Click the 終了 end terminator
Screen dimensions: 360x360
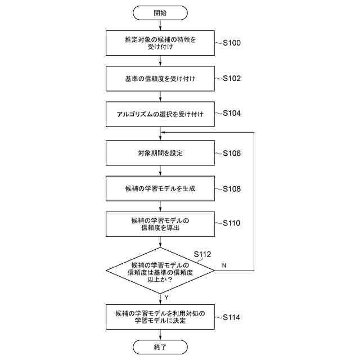pos(160,347)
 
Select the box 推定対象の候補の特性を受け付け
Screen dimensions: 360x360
pos(160,43)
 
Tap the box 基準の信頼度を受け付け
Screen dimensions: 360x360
pos(160,78)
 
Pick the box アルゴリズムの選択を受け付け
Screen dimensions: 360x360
pos(160,114)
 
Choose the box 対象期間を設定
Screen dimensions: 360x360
pos(160,153)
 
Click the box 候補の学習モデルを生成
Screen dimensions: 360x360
pos(160,188)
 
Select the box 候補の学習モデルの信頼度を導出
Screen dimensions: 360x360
pos(160,223)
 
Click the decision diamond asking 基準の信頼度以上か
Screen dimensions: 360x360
pos(160,271)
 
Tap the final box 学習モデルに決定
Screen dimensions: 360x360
pos(160,317)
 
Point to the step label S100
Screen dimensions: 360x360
pos(232,43)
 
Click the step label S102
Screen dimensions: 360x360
pos(232,78)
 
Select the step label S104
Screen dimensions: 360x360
pos(232,114)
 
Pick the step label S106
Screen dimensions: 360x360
pos(232,153)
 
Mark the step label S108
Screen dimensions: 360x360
pos(232,188)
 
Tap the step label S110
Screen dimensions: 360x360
pos(232,223)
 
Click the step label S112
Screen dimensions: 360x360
pos(202,254)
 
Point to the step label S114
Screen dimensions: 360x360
pos(232,317)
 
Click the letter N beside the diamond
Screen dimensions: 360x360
pos(224,265)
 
